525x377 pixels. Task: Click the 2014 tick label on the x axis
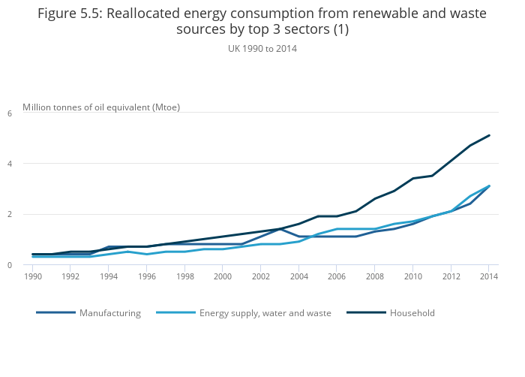coord(488,276)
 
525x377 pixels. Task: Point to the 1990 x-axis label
coord(32,276)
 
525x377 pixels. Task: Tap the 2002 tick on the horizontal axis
coord(260,276)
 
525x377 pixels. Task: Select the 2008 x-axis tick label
coord(374,276)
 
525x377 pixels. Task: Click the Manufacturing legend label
coord(110,313)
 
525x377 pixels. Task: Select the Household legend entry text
coord(412,313)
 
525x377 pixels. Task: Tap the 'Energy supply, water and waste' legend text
coord(265,313)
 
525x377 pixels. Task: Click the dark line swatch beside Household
coord(365,313)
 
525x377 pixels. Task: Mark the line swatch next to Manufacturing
coord(55,313)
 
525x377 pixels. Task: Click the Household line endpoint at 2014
coord(489,135)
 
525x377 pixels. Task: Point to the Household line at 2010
coord(412,178)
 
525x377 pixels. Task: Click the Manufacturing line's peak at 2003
coord(280,228)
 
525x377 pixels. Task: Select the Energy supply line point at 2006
coord(337,229)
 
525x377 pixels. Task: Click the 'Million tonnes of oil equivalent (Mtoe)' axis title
coord(101,107)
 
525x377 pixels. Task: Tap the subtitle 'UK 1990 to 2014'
coord(262,48)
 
